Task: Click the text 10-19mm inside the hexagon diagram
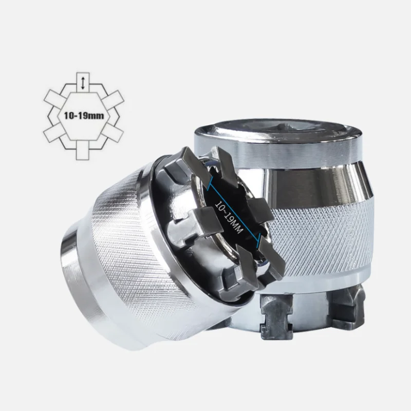click(x=84, y=115)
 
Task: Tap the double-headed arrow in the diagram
click(x=83, y=83)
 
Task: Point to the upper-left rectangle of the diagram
click(x=54, y=97)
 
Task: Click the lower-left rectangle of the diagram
click(x=54, y=133)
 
